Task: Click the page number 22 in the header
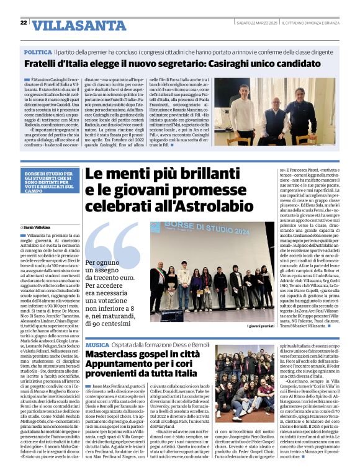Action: pyautogui.click(x=24, y=23)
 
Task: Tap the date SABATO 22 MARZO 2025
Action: pyautogui.click(x=254, y=23)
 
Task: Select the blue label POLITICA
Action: pyautogui.click(x=38, y=53)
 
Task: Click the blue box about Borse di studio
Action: pyautogui.click(x=53, y=184)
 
